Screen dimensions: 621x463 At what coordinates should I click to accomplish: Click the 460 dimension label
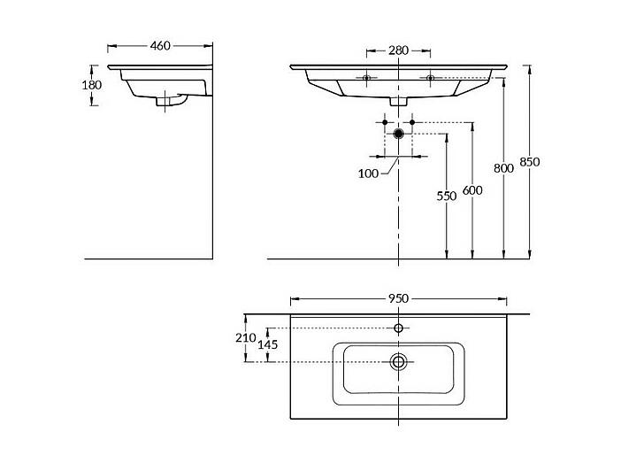(x=160, y=46)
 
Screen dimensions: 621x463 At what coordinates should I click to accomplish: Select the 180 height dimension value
(x=91, y=85)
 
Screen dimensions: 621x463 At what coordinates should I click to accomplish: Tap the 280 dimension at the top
(x=398, y=50)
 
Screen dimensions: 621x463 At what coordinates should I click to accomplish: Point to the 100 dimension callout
(x=368, y=174)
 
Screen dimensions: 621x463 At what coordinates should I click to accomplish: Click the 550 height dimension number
(x=447, y=196)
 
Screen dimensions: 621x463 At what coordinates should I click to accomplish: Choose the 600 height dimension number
(x=472, y=190)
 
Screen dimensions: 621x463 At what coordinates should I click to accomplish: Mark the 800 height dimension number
(x=503, y=168)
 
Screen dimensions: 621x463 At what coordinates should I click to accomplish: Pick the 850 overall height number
(x=530, y=162)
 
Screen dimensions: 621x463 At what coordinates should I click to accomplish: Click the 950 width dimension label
(x=398, y=298)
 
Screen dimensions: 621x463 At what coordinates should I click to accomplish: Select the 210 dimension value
(x=246, y=338)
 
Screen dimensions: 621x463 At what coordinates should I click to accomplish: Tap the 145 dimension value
(x=268, y=345)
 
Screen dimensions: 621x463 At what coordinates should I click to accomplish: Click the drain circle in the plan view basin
(x=398, y=361)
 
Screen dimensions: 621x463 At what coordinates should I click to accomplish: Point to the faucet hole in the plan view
(x=398, y=328)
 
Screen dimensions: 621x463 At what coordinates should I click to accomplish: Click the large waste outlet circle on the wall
(x=398, y=134)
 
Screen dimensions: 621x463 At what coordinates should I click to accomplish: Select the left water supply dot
(x=385, y=122)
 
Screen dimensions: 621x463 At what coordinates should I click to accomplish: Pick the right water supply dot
(x=412, y=122)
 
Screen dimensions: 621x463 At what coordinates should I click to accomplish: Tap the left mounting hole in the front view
(x=366, y=78)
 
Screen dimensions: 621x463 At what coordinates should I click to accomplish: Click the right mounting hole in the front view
(x=431, y=78)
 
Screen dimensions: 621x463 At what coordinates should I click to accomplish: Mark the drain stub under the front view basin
(x=398, y=102)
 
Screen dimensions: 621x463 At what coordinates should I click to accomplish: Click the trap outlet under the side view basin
(x=171, y=100)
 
